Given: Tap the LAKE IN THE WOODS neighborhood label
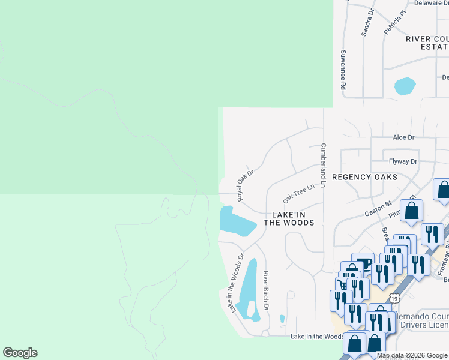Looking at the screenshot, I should (292, 218).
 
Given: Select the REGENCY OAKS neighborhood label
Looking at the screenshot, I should (364, 177).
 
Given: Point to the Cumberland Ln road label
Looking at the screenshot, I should (323, 166).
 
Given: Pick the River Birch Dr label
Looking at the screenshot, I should (265, 290).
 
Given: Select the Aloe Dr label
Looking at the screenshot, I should (403, 137).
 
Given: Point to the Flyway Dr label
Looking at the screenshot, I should (403, 161).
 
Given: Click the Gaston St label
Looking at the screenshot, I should (378, 209).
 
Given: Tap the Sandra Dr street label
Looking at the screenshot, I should (367, 23).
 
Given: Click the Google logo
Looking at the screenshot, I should (20, 353).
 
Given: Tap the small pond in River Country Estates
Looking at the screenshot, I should (405, 86).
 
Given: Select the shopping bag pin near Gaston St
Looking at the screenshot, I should (412, 211).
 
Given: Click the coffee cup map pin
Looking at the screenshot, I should (363, 262).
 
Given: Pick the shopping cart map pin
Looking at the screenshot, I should (341, 284).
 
